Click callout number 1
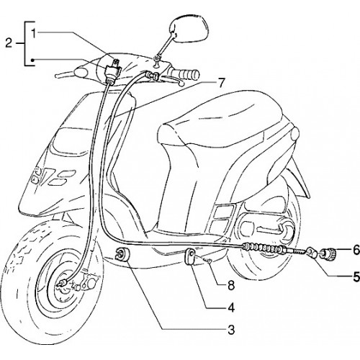coord(34,34)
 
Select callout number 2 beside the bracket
coord(9,43)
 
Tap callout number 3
coord(231,330)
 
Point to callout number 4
coord(231,307)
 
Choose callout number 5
coord(356,276)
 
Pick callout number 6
coord(356,250)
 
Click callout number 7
coord(220,83)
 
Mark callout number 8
coord(231,286)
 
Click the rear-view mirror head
coord(189,30)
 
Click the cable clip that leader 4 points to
coord(191,256)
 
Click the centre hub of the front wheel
coord(63,283)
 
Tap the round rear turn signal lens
coord(294,135)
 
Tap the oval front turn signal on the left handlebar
coord(81,72)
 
